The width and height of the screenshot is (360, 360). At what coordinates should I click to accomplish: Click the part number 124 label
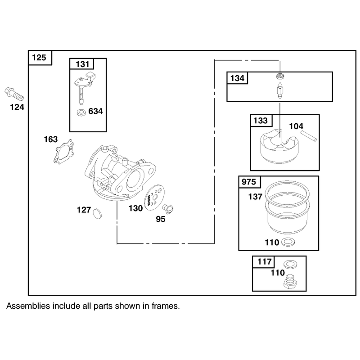tap(17, 107)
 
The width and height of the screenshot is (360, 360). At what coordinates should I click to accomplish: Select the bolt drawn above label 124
tap(14, 94)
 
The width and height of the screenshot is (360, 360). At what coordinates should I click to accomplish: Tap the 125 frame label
tap(39, 58)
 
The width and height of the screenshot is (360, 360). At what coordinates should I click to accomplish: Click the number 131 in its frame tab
tap(82, 64)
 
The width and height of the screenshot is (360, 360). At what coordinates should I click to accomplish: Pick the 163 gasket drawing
tap(64, 152)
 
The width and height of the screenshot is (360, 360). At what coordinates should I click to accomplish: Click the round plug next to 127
tap(97, 213)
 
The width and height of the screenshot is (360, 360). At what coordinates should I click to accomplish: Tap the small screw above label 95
tap(167, 209)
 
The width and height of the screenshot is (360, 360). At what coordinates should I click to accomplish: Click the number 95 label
tap(161, 219)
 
